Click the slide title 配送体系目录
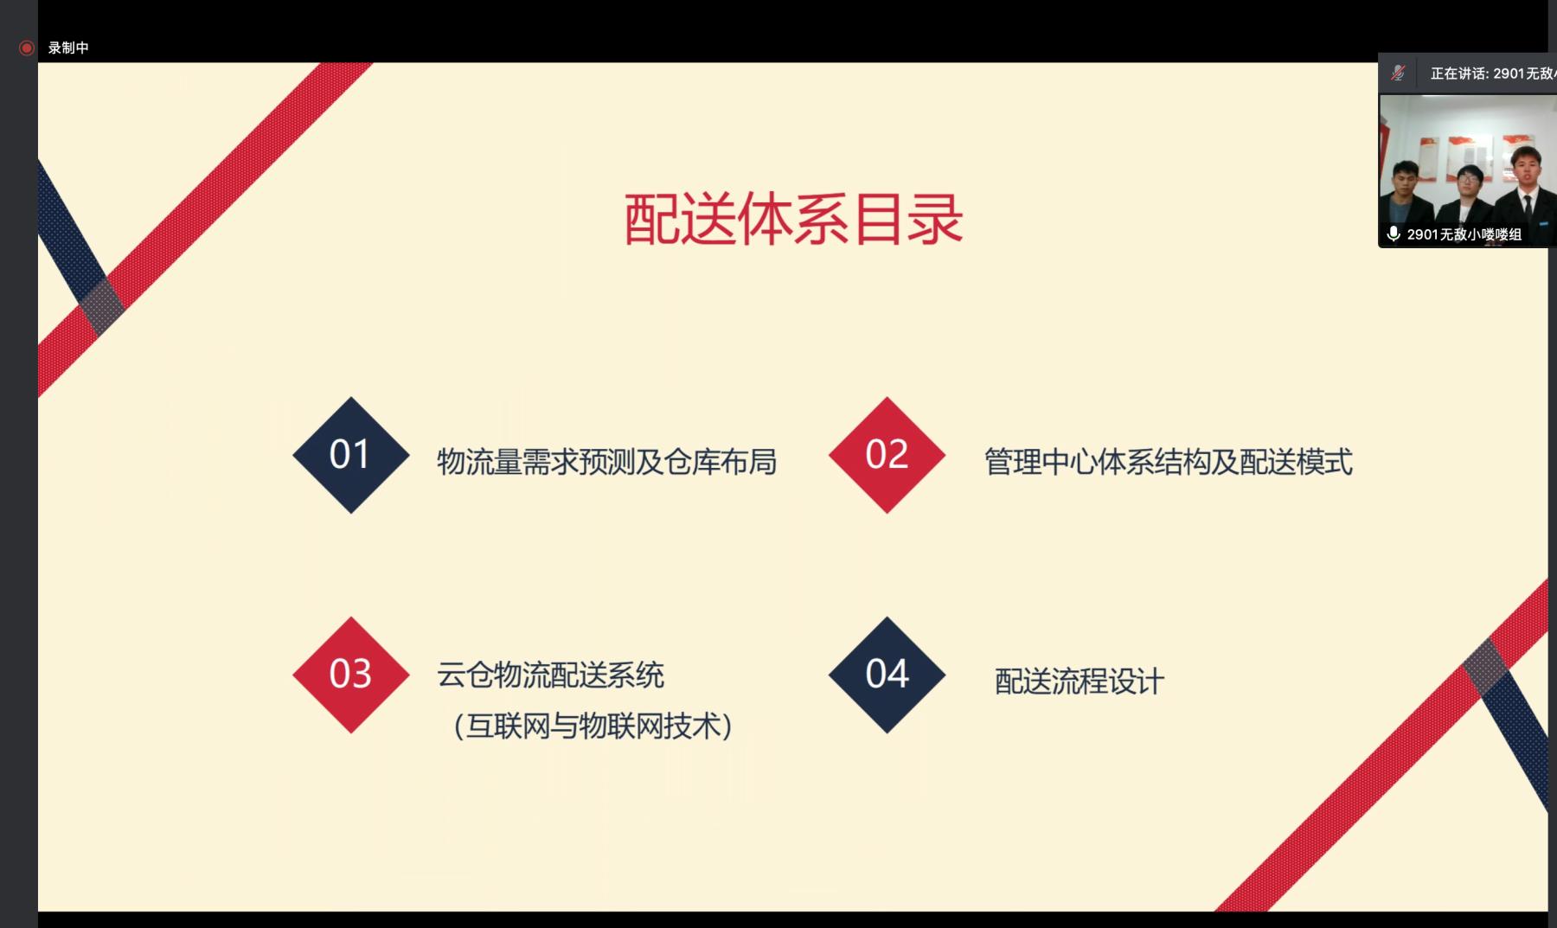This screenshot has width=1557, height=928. (x=793, y=219)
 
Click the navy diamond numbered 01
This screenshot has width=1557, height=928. (x=350, y=455)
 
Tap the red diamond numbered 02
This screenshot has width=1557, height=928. (x=887, y=455)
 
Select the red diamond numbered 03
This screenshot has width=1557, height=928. (x=350, y=675)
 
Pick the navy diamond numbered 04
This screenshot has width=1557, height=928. (x=887, y=675)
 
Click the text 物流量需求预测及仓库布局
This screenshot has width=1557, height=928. (x=606, y=462)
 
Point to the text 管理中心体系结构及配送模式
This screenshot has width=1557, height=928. (x=1168, y=462)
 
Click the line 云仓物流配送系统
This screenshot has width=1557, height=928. (x=550, y=675)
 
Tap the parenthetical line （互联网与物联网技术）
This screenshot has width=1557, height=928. (x=593, y=726)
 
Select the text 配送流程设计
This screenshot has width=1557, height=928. (x=1080, y=682)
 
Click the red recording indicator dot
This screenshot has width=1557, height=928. (x=27, y=48)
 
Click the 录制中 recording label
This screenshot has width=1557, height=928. (x=68, y=48)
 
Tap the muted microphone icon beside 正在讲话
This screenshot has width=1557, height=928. (x=1398, y=73)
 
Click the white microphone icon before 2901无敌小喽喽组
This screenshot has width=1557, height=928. (x=1394, y=234)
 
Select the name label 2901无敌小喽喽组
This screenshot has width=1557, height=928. (x=1464, y=234)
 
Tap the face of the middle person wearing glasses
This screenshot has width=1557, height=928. (x=1469, y=184)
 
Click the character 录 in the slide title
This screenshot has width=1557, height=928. (x=935, y=219)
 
